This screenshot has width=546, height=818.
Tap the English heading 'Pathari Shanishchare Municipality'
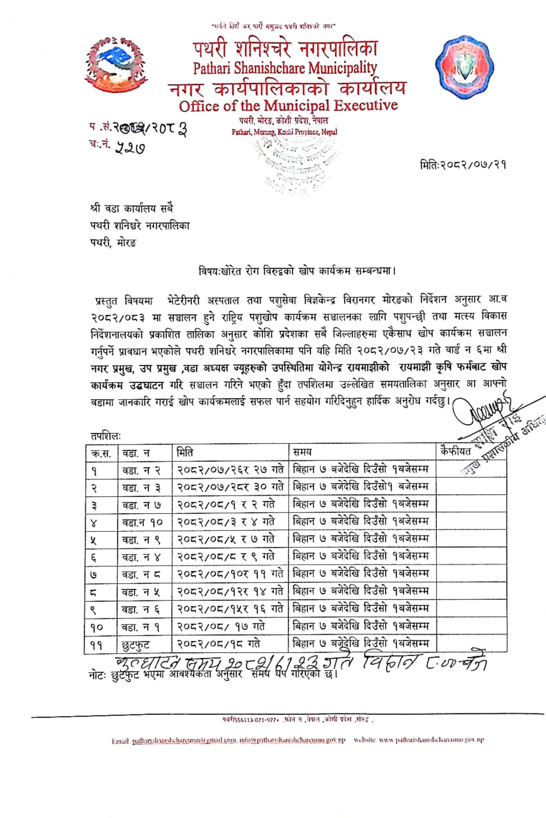point(285,68)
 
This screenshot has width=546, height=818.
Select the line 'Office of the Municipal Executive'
point(288,105)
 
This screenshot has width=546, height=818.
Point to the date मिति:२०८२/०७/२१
point(463,164)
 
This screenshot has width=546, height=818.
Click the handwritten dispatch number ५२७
point(130,146)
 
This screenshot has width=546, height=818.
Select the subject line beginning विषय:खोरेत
point(297,270)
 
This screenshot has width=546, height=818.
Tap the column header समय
point(302,452)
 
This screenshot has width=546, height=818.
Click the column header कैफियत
point(456,451)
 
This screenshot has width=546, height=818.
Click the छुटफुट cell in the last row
point(136,645)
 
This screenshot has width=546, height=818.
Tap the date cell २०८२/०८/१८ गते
point(219,644)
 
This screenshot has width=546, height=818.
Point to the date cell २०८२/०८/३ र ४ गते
point(226,522)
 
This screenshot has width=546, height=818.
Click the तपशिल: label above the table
point(106,436)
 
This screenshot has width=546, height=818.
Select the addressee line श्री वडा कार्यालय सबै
point(132,208)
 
